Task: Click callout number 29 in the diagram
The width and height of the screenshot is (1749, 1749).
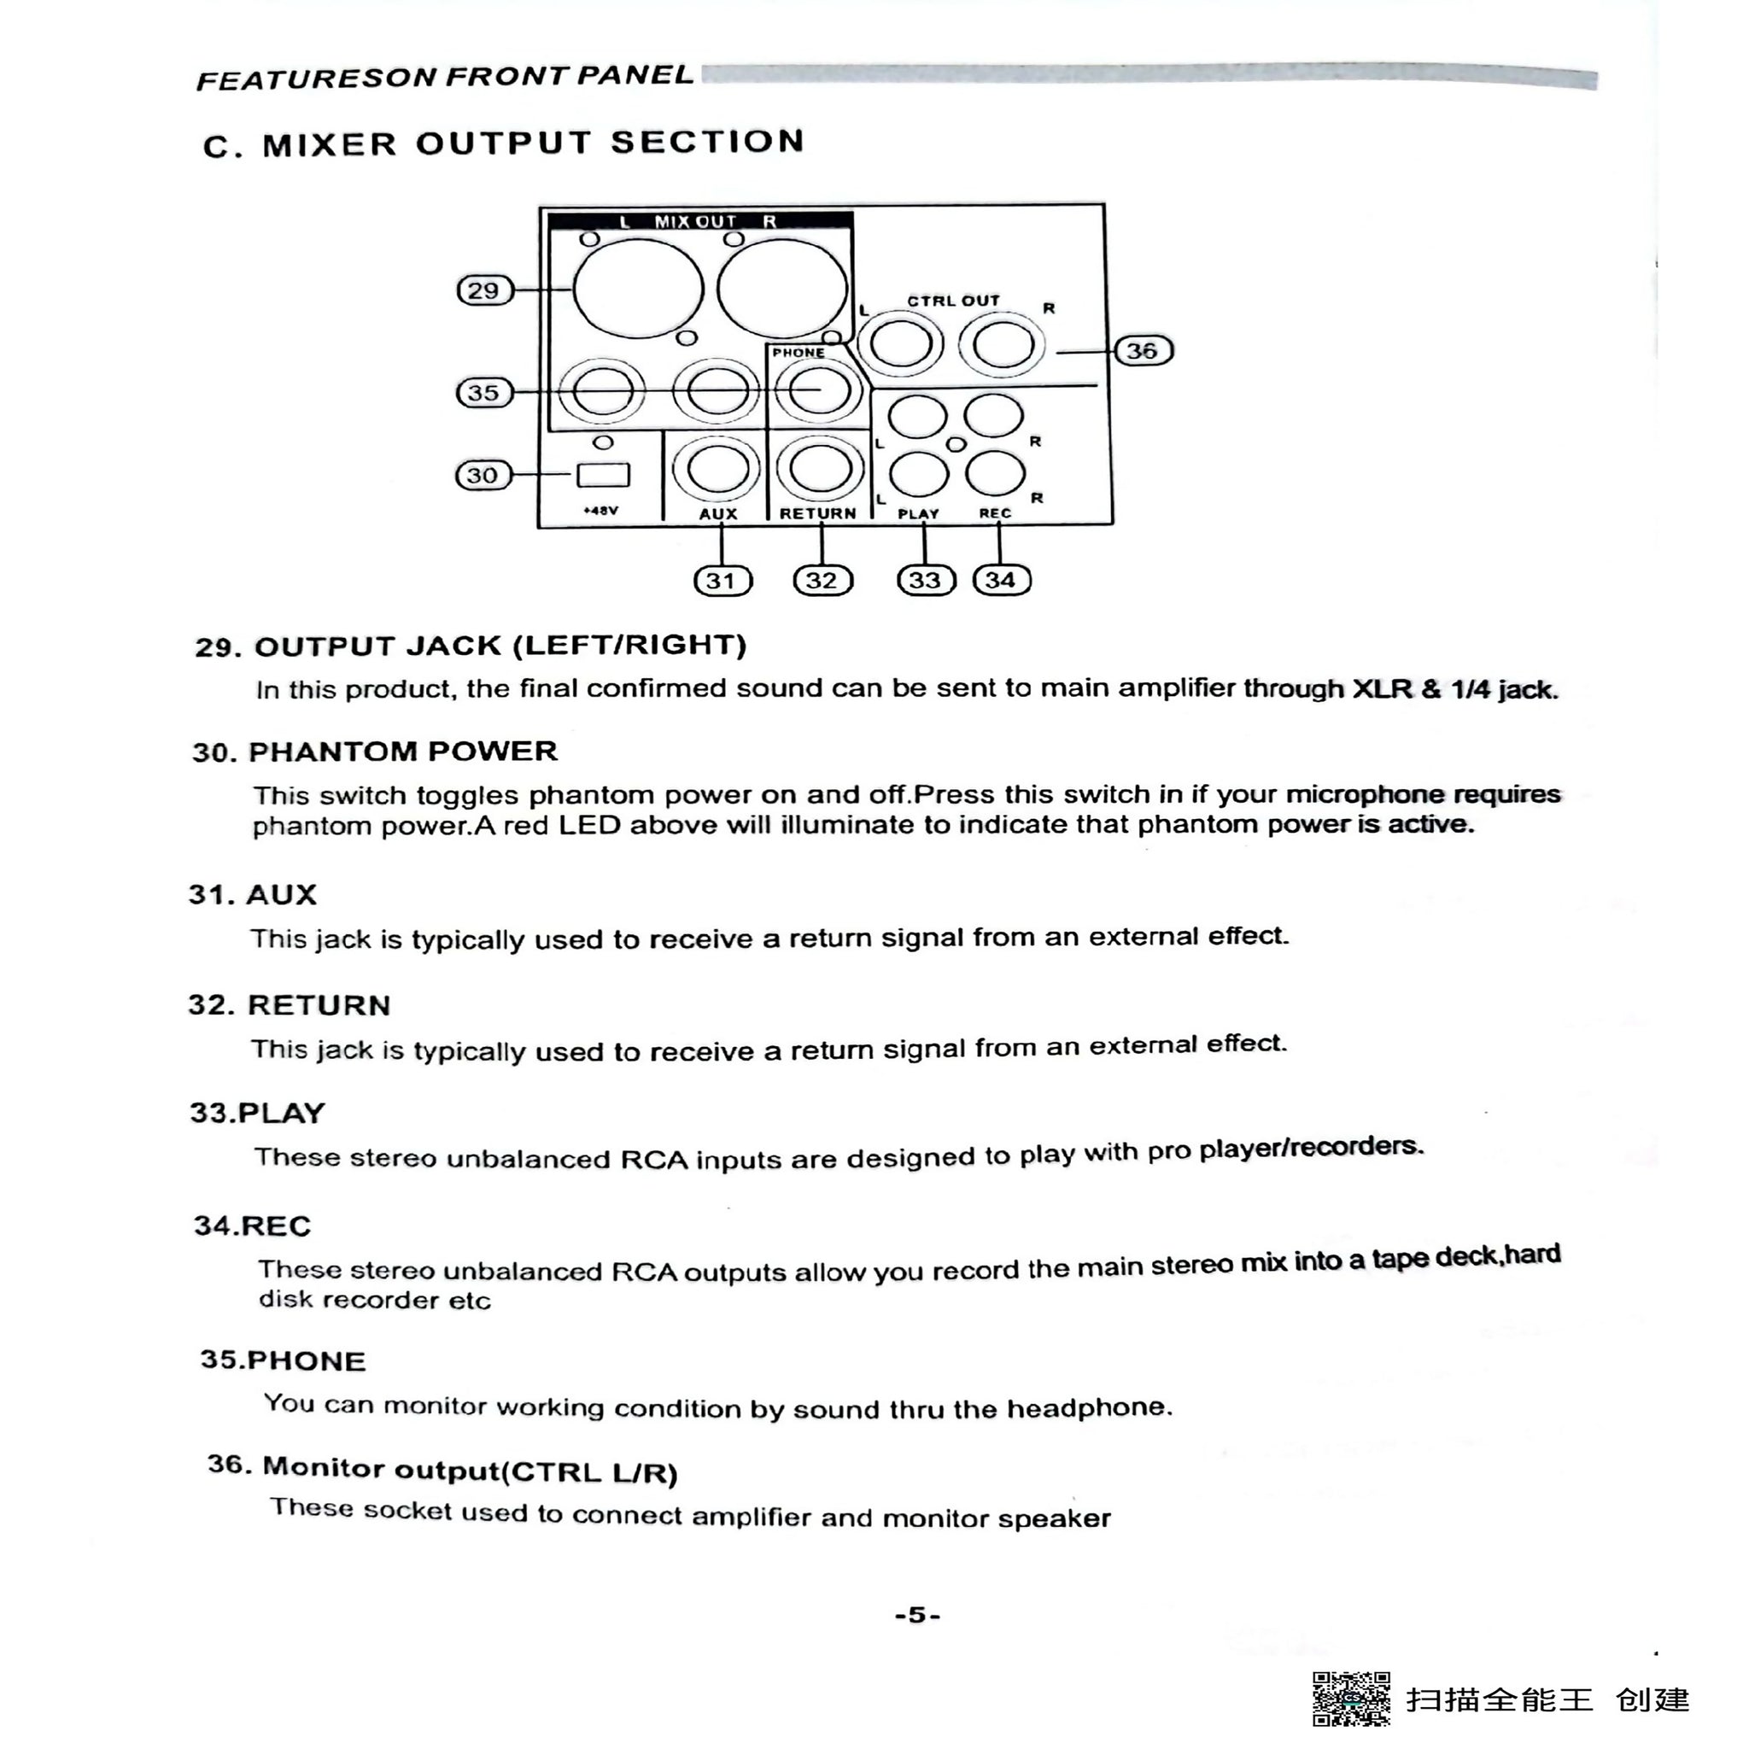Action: click(484, 290)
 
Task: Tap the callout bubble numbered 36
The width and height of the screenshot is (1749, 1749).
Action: click(1143, 350)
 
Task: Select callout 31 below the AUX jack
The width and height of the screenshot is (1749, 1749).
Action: click(722, 580)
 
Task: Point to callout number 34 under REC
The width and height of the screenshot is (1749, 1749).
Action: click(1001, 580)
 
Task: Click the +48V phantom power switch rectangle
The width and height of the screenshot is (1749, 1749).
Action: click(603, 474)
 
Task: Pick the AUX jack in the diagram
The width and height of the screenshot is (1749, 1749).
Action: click(718, 470)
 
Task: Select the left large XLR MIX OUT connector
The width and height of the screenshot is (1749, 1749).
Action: click(638, 289)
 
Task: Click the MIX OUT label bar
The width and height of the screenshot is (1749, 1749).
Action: click(699, 221)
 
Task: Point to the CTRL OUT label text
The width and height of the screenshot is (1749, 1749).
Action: click(953, 301)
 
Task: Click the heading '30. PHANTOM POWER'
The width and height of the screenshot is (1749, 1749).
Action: click(375, 752)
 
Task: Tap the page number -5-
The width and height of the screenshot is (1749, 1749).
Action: click(917, 1614)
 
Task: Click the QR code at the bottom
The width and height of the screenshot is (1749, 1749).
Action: click(1352, 1699)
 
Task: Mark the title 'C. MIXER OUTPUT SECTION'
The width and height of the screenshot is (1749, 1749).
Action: click(503, 143)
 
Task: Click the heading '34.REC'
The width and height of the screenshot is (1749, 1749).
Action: click(253, 1225)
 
